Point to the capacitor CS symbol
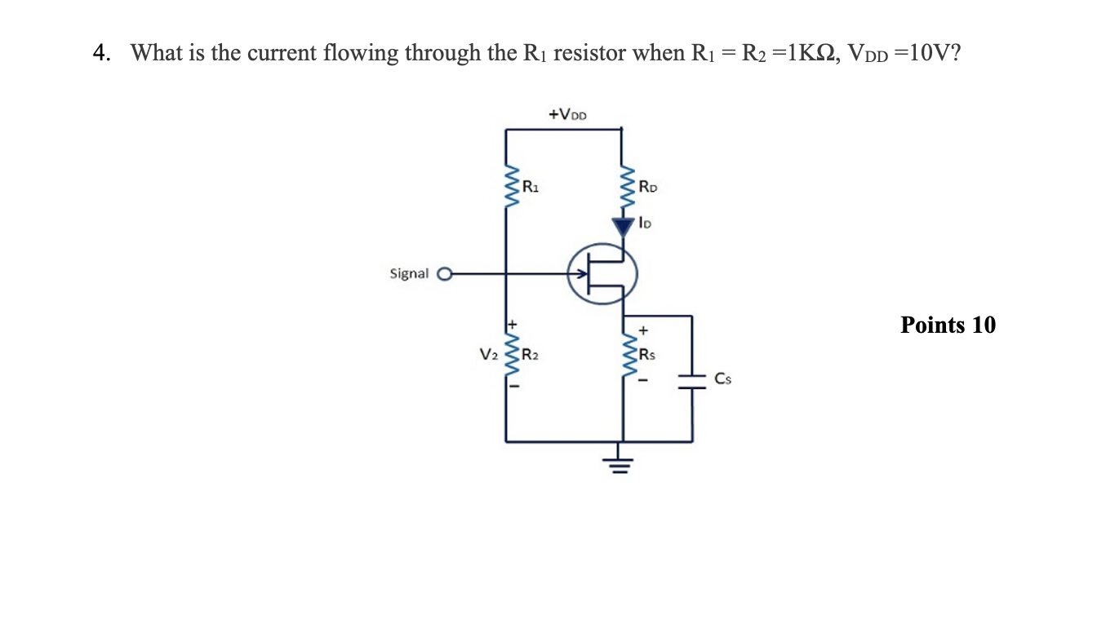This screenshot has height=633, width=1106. pyautogui.click(x=691, y=378)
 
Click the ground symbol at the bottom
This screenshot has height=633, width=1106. pyautogui.click(x=620, y=465)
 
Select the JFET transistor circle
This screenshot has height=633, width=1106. pyautogui.click(x=602, y=274)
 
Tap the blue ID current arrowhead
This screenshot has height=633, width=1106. pyautogui.click(x=624, y=226)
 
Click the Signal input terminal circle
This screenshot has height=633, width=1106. pyautogui.click(x=444, y=274)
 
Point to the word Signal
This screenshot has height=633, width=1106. pyautogui.click(x=409, y=273)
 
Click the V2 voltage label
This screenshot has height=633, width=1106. pyautogui.click(x=488, y=355)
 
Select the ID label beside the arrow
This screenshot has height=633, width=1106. pyautogui.click(x=645, y=221)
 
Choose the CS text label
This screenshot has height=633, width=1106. pyautogui.click(x=722, y=378)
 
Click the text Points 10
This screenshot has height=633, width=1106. pyautogui.click(x=948, y=325)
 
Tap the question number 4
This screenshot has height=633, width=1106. pyautogui.click(x=100, y=53)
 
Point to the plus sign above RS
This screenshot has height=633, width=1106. pyautogui.click(x=643, y=331)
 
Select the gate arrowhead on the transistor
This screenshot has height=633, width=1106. pyautogui.click(x=572, y=274)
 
